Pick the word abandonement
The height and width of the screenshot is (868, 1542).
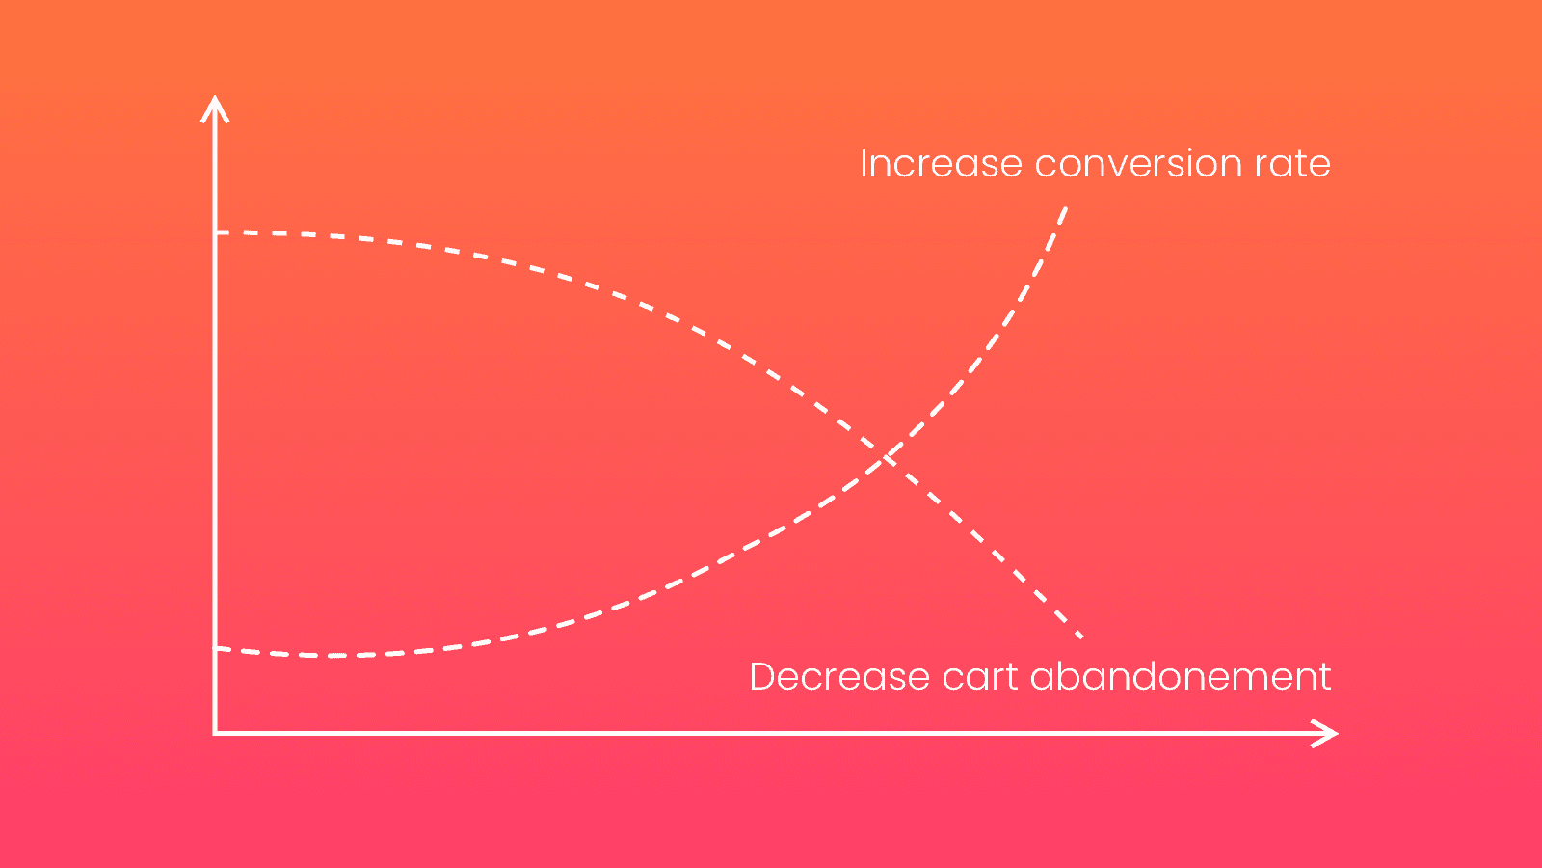(x=1181, y=677)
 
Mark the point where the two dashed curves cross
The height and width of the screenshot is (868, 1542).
(x=888, y=455)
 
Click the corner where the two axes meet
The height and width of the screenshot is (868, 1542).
(x=215, y=734)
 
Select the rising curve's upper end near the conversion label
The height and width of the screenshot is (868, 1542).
(x=1066, y=207)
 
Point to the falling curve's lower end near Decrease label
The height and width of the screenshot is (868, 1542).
(x=1081, y=637)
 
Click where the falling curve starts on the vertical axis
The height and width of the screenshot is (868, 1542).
(x=217, y=232)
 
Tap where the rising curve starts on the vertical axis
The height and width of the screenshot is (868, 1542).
(x=217, y=649)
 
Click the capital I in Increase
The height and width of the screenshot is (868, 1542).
(x=864, y=164)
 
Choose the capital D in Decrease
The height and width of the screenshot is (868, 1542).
(x=762, y=677)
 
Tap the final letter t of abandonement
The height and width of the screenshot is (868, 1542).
(x=1324, y=677)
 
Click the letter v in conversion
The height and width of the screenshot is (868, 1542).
(x=1136, y=166)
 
